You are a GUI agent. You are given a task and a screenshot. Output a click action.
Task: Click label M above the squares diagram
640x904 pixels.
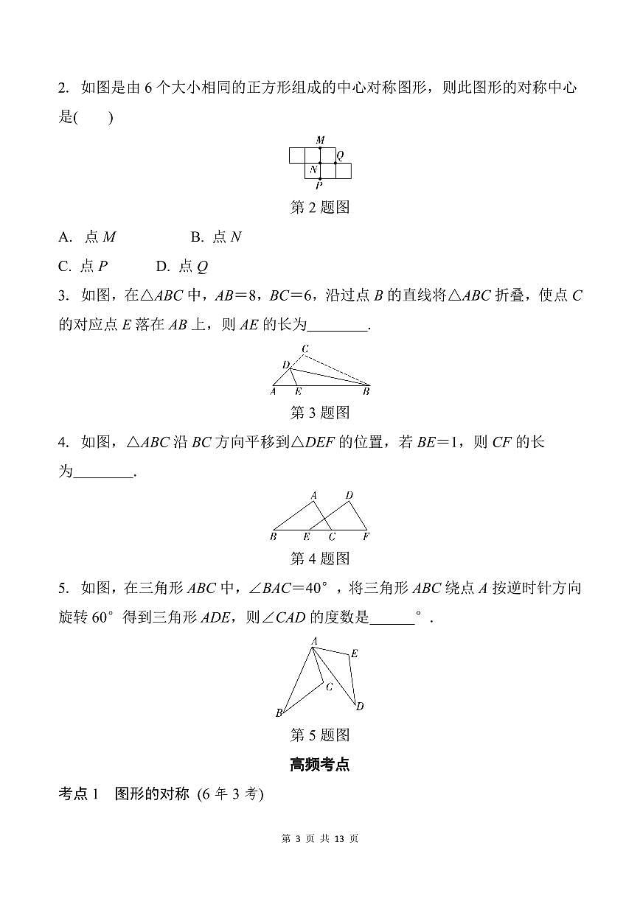coord(320,140)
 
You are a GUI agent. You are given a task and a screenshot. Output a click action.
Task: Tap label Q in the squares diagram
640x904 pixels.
coord(340,156)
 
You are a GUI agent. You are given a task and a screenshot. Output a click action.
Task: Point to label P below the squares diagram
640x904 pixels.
coord(319,186)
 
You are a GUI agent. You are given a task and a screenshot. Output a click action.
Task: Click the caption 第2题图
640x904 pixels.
coord(320,208)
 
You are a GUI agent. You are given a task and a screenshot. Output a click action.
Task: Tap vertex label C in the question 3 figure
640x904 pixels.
coord(305,348)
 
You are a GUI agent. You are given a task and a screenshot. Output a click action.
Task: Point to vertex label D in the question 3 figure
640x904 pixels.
coord(285,365)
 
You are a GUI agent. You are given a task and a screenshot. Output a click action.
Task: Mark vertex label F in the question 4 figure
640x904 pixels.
coord(366,537)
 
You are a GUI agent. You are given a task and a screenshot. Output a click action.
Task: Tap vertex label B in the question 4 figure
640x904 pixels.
coord(273,537)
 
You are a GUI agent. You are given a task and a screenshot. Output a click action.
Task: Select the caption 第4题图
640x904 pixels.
coord(320,558)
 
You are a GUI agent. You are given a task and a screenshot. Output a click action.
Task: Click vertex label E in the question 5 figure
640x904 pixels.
coord(355,654)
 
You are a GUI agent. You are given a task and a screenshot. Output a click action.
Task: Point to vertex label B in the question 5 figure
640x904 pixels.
coord(279,713)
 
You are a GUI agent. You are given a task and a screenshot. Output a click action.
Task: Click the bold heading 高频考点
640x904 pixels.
coord(320,765)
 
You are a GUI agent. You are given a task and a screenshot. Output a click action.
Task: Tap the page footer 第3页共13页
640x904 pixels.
coord(320,838)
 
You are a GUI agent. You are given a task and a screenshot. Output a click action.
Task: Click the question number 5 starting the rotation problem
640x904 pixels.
coord(63,588)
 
